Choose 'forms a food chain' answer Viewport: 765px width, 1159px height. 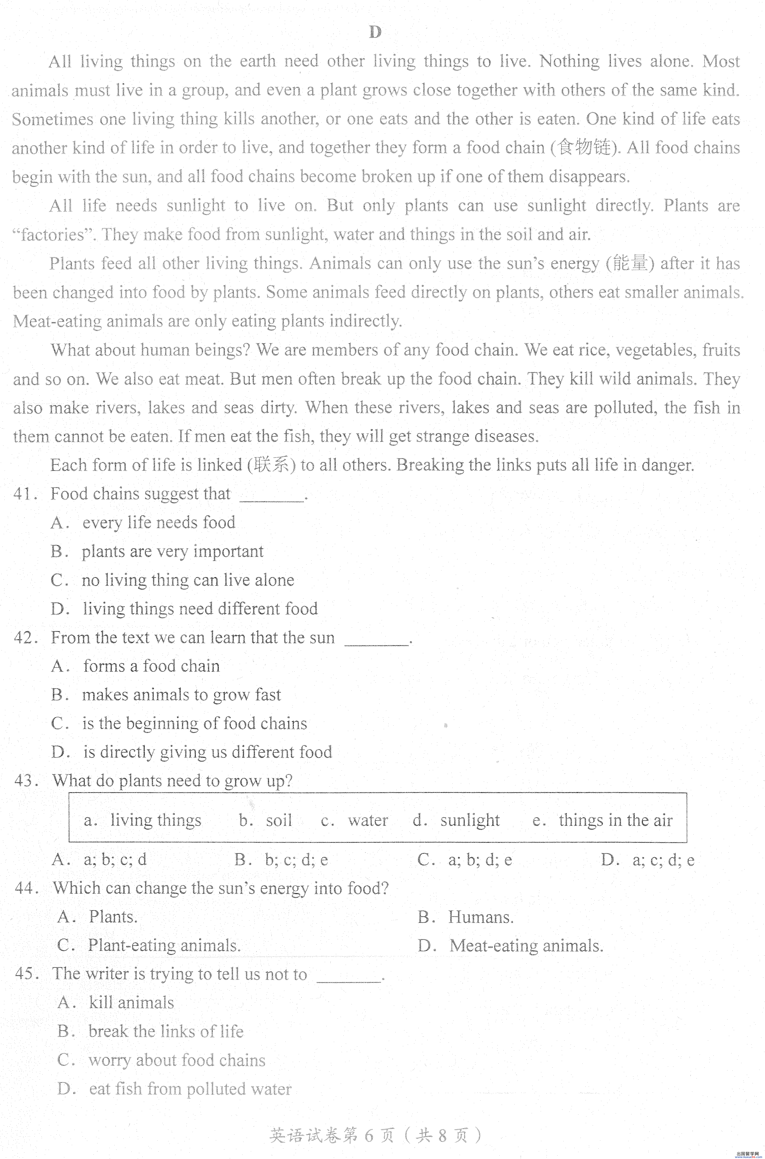[151, 666]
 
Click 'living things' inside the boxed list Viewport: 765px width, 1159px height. [155, 820]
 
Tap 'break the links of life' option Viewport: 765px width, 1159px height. [165, 1031]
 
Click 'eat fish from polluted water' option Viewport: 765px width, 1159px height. [190, 1089]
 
